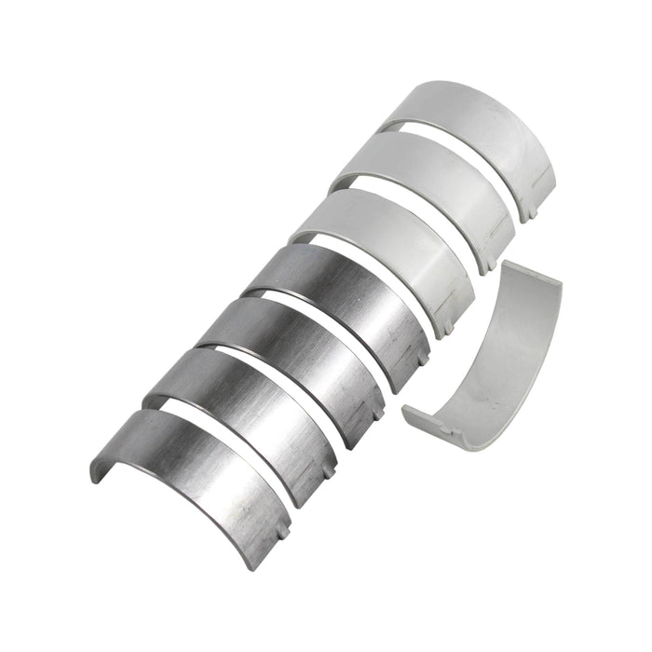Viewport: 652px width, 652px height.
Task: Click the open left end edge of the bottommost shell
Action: coord(97,471)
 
